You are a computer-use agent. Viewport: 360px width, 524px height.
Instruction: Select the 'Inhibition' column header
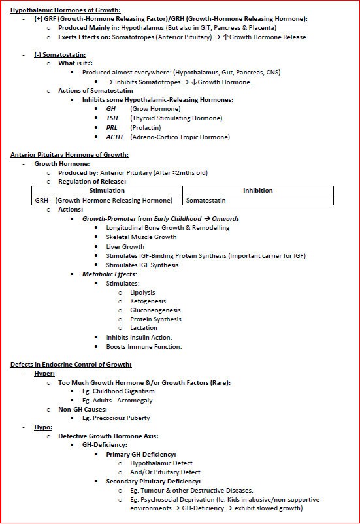click(257, 191)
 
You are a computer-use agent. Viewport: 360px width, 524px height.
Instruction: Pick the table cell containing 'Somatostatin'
click(205, 200)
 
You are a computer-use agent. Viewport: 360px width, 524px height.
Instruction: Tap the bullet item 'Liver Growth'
click(125, 247)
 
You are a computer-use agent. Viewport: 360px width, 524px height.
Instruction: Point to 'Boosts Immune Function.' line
click(144, 346)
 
